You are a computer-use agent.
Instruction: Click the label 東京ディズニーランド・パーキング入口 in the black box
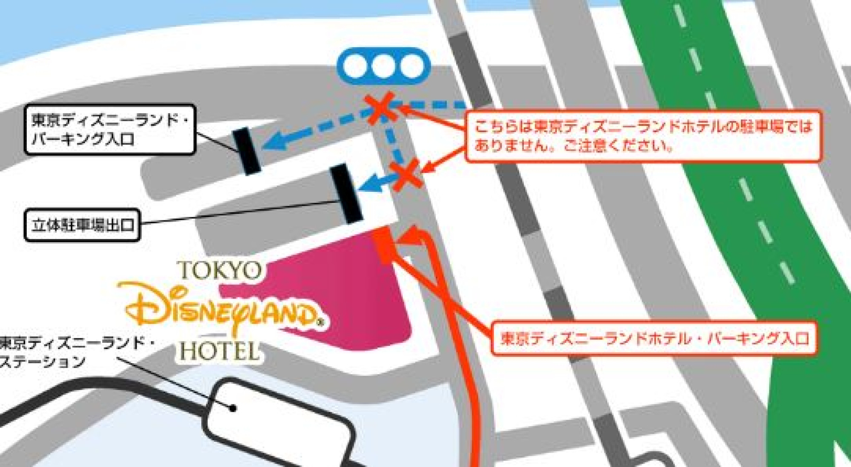110,129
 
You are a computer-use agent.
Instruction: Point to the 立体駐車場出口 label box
82,225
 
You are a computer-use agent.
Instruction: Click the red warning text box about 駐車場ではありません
643,136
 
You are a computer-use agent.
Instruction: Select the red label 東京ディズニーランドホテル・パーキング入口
654,339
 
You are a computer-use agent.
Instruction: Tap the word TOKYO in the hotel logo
220,271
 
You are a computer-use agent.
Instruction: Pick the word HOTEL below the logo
219,351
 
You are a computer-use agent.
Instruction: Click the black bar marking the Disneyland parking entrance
246,151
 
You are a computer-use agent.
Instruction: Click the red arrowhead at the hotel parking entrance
411,237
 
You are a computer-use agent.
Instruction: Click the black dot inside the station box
233,408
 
